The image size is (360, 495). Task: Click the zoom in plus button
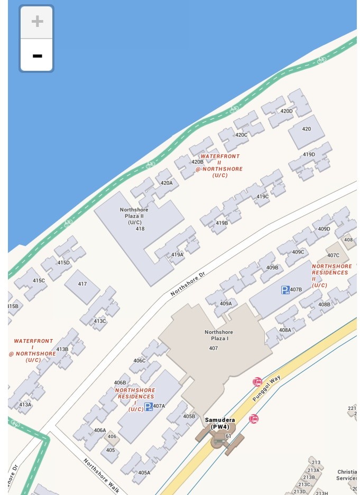click(37, 22)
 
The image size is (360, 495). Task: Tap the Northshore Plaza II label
click(134, 216)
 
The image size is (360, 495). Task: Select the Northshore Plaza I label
click(219, 335)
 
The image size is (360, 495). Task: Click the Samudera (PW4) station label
click(220, 423)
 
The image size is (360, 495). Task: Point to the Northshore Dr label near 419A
click(188, 284)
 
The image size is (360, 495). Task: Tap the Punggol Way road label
click(266, 388)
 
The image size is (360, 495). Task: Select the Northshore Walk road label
click(101, 475)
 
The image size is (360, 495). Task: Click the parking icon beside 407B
click(285, 289)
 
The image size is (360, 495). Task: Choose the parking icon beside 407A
click(149, 406)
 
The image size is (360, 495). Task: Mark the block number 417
click(82, 284)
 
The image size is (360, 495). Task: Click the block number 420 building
click(307, 129)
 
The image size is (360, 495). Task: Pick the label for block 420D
click(287, 111)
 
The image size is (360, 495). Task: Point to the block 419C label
click(263, 197)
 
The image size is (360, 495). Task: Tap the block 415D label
click(63, 263)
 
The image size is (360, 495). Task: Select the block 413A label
click(25, 405)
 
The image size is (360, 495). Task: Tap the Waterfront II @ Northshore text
click(219, 166)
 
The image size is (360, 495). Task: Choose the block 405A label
click(144, 473)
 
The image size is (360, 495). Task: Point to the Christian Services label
click(347, 475)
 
